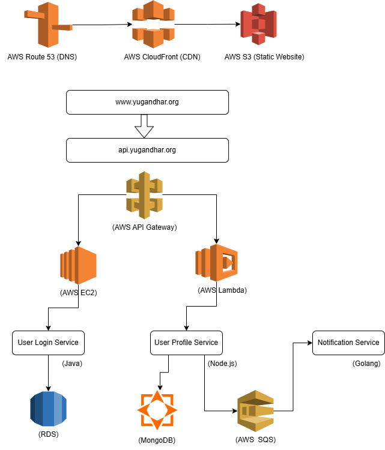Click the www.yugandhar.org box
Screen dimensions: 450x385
[147, 102]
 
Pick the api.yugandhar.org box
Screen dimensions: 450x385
[147, 150]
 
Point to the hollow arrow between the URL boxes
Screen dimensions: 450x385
[144, 125]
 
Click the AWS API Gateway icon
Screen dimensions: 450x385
[144, 195]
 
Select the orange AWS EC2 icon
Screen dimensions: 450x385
[78, 265]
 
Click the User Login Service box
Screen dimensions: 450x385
[48, 343]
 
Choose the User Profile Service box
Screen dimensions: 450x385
[186, 343]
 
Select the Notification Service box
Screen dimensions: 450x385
[348, 343]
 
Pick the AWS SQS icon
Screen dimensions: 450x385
[255, 411]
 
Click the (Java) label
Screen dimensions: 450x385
[72, 364]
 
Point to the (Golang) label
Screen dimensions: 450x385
[366, 364]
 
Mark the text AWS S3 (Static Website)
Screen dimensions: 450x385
[264, 58]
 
